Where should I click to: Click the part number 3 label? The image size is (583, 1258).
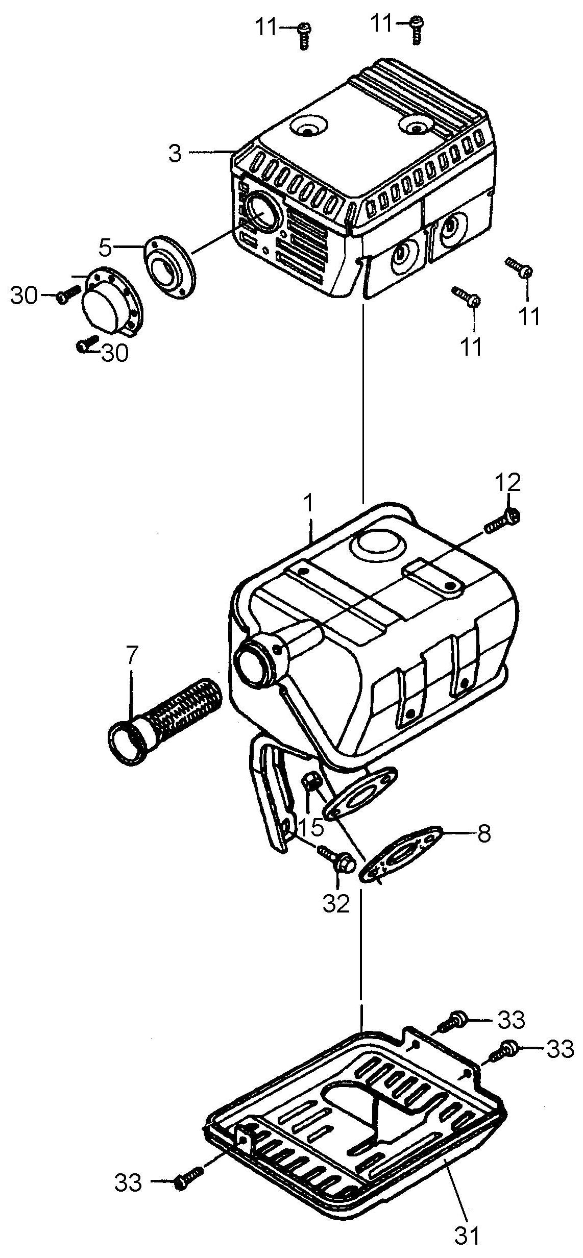(175, 154)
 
